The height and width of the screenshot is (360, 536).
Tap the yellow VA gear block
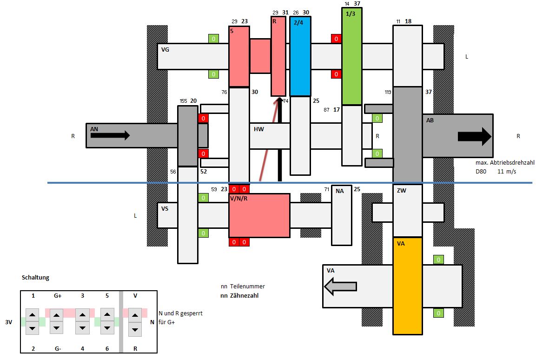(407, 286)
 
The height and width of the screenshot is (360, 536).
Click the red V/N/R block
(259, 215)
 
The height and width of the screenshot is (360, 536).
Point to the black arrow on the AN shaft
(110, 135)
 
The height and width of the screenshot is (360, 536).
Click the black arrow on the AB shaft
(474, 136)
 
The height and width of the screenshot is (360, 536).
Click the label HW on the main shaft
(259, 129)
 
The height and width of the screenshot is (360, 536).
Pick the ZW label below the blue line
(402, 191)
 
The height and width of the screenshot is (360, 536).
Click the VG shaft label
(165, 49)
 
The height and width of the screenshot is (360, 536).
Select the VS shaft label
(165, 209)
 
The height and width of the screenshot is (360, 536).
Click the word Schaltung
(35, 278)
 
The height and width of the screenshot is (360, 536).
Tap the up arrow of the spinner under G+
(57, 315)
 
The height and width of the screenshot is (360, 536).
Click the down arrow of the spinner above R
(135, 329)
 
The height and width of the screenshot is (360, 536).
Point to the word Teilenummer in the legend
(249, 287)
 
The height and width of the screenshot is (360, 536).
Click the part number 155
(184, 101)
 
